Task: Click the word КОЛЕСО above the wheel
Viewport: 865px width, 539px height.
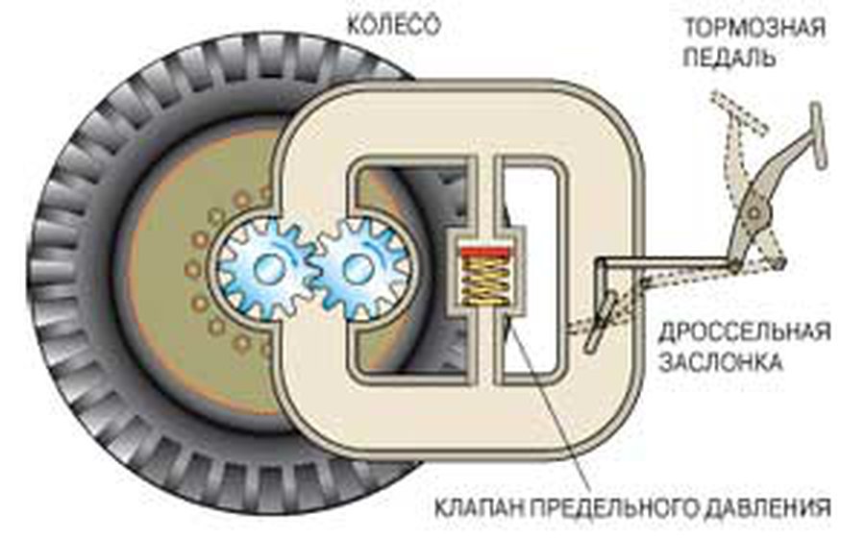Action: tap(393, 25)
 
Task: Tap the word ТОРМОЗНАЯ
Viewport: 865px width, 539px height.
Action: tap(754, 28)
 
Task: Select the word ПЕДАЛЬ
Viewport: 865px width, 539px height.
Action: tap(729, 58)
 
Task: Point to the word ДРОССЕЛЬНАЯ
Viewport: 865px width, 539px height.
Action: tap(745, 332)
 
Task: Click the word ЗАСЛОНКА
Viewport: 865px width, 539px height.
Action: tap(721, 362)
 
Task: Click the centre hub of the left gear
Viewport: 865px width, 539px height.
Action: tap(269, 269)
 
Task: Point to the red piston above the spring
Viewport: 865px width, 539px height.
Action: tap(484, 252)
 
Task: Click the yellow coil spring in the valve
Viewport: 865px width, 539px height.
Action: tap(484, 281)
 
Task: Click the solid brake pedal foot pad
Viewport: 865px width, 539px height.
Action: tap(818, 135)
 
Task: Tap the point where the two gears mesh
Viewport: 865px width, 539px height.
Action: tap(313, 269)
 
